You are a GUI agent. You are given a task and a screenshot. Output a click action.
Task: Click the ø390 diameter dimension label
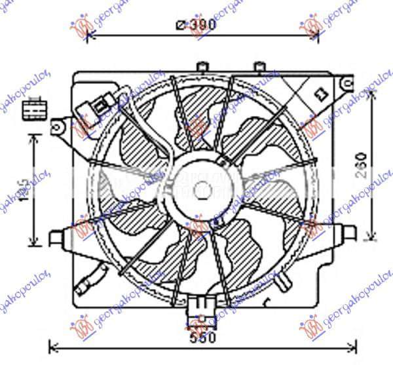(x=196, y=25)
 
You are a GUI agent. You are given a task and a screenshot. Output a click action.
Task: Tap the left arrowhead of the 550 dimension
(x=54, y=345)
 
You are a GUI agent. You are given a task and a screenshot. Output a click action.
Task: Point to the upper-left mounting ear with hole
(x=60, y=124)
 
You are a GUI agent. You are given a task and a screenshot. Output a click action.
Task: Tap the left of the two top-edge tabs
(x=202, y=66)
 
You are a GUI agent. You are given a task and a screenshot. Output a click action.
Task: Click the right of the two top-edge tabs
(x=259, y=66)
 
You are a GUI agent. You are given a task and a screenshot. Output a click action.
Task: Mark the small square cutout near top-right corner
(x=320, y=94)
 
